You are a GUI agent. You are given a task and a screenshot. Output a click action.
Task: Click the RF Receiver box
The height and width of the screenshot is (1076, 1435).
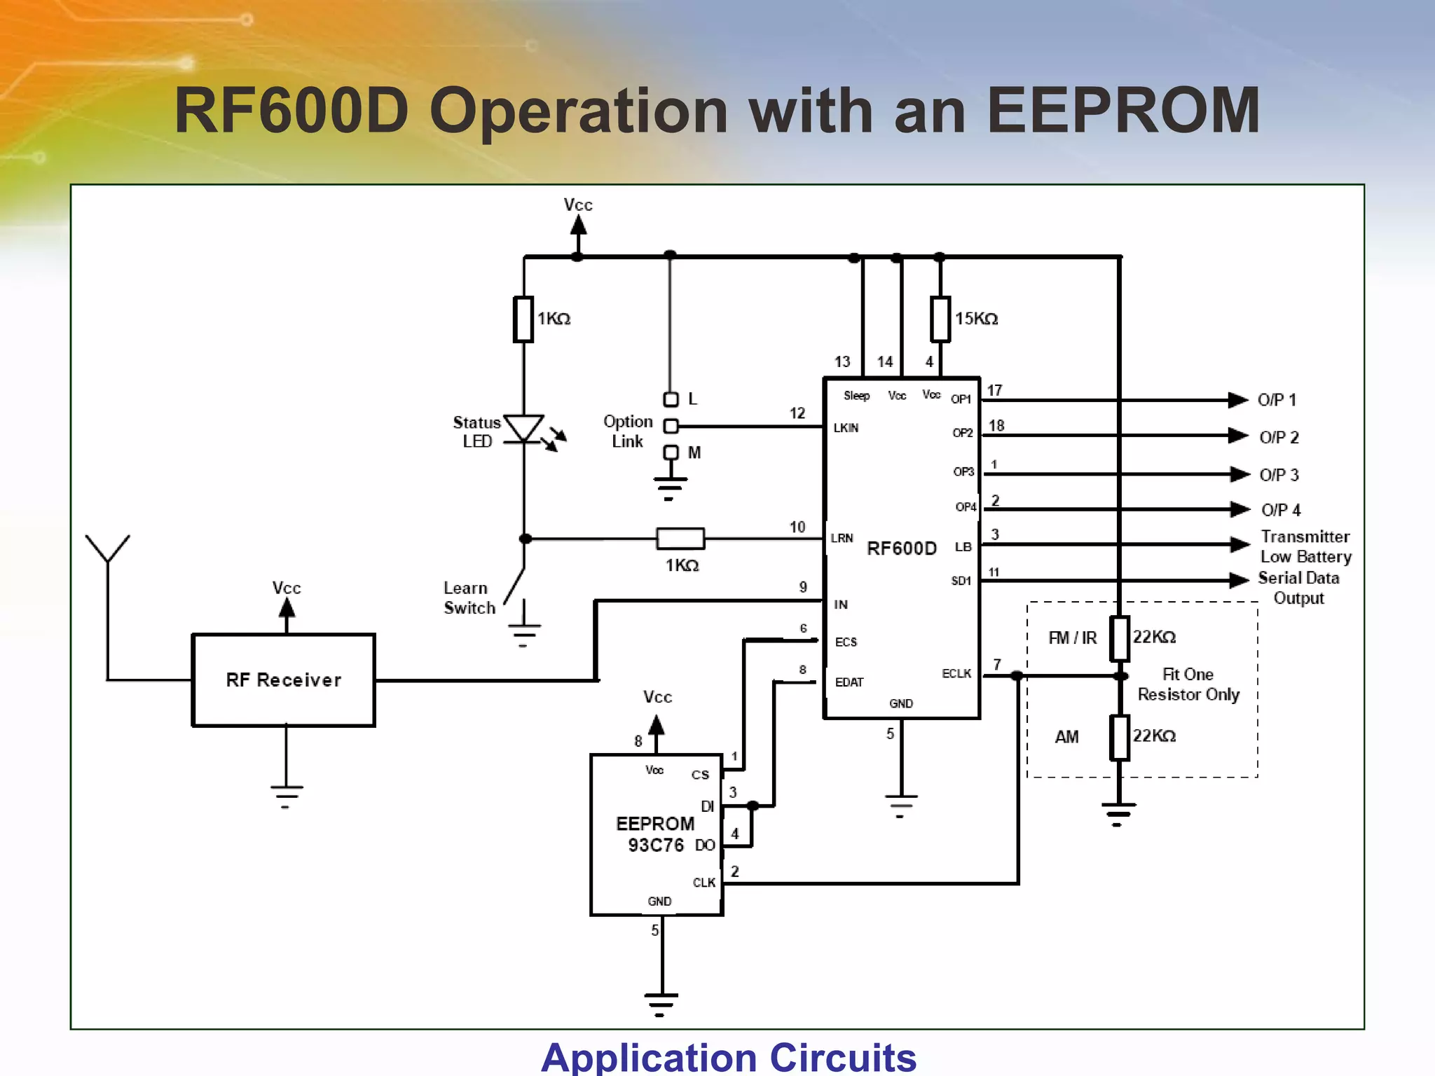pyautogui.click(x=283, y=680)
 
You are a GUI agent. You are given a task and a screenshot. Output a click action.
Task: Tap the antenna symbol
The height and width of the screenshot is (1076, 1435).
pyautogui.click(x=107, y=550)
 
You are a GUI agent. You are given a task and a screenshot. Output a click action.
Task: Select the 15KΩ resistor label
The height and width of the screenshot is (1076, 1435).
pyautogui.click(x=976, y=319)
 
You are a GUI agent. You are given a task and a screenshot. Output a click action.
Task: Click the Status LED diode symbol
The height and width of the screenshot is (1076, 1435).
pyautogui.click(x=523, y=428)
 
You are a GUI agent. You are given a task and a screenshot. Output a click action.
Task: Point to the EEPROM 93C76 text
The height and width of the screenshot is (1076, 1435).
pyautogui.click(x=655, y=834)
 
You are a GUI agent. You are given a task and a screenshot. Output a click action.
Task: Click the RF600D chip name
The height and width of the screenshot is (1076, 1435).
pyautogui.click(x=901, y=548)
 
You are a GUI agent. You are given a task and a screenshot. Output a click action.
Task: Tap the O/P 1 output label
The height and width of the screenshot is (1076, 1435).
pyautogui.click(x=1276, y=400)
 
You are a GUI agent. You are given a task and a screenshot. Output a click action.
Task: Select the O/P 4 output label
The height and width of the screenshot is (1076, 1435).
pyautogui.click(x=1280, y=510)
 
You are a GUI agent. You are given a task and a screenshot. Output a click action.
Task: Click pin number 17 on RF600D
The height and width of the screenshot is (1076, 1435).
pyautogui.click(x=994, y=390)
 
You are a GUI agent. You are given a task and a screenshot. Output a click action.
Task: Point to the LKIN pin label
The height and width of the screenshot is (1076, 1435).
pyautogui.click(x=846, y=428)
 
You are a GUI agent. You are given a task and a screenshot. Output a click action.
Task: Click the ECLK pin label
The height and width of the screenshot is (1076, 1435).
pyautogui.click(x=956, y=673)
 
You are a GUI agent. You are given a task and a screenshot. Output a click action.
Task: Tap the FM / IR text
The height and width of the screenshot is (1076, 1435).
pyautogui.click(x=1072, y=637)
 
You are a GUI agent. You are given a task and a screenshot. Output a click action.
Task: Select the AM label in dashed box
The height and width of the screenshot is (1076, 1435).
pyautogui.click(x=1066, y=737)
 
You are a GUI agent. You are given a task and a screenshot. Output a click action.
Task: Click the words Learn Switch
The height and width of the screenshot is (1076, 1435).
pyautogui.click(x=469, y=598)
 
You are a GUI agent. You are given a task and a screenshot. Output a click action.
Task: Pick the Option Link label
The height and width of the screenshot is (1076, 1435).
pyautogui.click(x=628, y=432)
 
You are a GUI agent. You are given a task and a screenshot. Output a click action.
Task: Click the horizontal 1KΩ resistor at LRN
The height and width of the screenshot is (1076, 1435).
pyautogui.click(x=680, y=539)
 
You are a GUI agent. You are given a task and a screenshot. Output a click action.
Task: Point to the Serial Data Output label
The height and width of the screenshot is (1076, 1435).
pyautogui.click(x=1298, y=588)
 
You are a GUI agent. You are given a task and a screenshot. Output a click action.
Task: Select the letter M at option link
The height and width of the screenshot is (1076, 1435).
pyautogui.click(x=694, y=453)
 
